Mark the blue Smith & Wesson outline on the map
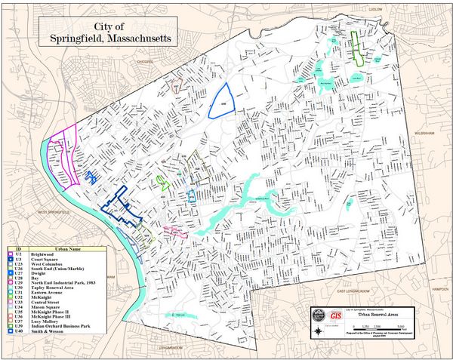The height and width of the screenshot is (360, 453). [x=222, y=100]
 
